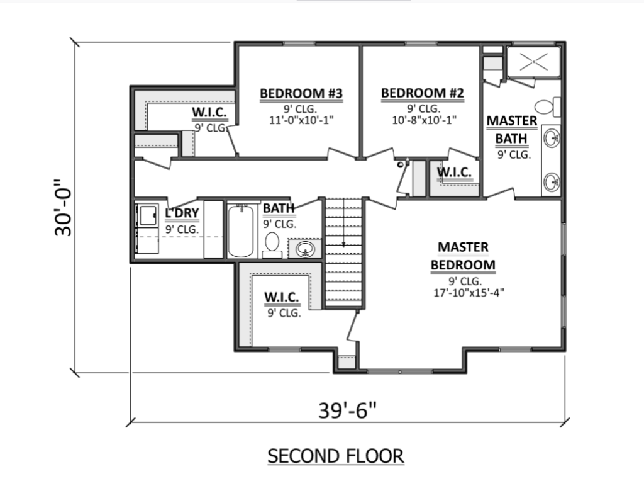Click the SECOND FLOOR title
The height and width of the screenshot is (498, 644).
[336, 456]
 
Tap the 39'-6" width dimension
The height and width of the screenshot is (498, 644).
[347, 410]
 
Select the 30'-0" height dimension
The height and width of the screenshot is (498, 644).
[64, 208]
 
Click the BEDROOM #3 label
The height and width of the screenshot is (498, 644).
[301, 93]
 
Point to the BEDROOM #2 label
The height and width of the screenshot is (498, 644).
[423, 93]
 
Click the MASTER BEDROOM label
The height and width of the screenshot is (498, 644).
[464, 256]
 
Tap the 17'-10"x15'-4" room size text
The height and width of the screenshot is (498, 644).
[469, 293]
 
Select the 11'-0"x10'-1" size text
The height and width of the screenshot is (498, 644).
[301, 120]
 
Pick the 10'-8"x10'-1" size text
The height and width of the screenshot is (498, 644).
[425, 120]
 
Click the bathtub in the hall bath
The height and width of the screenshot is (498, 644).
[241, 231]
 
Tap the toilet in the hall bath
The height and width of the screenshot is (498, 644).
[272, 246]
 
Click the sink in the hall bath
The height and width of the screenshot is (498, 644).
[306, 249]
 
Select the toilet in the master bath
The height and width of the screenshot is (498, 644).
[548, 107]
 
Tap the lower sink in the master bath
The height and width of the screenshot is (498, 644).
[552, 181]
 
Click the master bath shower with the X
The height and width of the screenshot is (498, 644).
[533, 62]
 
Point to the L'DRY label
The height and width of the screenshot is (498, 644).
[182, 213]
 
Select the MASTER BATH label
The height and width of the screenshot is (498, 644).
[512, 130]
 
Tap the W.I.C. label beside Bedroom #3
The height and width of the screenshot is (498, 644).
[209, 112]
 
